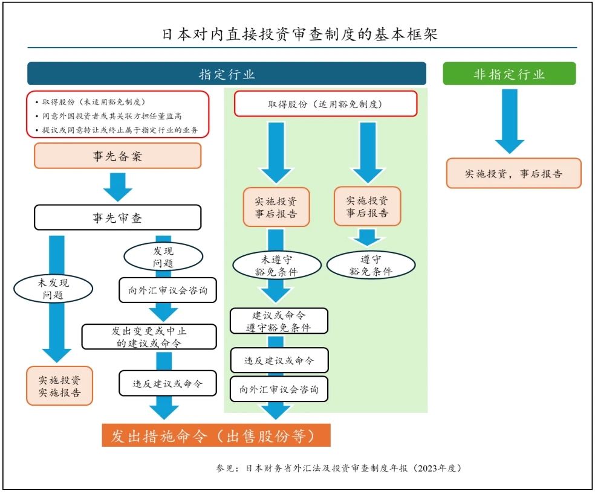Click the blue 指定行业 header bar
point(227,74)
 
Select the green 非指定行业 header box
point(509,74)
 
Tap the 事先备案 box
point(118,156)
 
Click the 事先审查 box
point(118,217)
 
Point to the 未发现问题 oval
point(53,289)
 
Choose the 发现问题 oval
point(163,257)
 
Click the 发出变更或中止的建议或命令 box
point(149,337)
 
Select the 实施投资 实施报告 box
point(60,386)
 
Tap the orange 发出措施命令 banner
point(216,436)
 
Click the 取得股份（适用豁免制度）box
point(325,104)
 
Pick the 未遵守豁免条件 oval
point(276,266)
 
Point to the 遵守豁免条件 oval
point(371,265)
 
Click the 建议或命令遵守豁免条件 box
point(279,321)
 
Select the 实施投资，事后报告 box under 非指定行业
point(514,173)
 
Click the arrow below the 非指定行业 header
point(509,121)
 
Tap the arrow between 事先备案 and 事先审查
point(118,187)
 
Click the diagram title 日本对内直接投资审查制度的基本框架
point(300,34)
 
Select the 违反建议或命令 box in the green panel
point(279,360)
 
